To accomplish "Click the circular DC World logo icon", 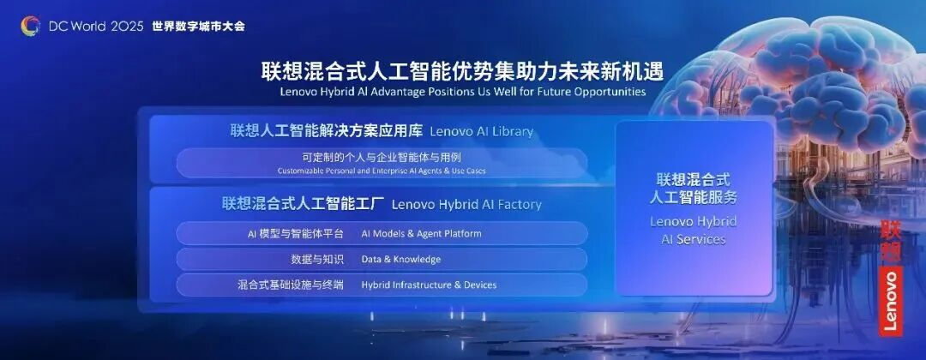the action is tap(31, 26).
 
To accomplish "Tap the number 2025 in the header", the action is tap(127, 27).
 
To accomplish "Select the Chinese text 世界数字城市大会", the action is tap(198, 27).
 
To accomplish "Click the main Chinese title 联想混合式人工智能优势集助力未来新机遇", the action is tap(462, 71).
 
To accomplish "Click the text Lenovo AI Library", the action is tap(481, 132).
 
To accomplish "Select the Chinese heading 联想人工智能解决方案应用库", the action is tap(327, 131).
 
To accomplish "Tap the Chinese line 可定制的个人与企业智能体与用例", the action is tap(382, 158).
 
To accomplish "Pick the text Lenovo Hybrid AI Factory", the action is tap(466, 205).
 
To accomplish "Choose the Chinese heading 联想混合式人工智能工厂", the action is tap(304, 204).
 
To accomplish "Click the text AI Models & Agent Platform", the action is tap(421, 234).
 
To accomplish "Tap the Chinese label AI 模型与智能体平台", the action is tap(295, 234).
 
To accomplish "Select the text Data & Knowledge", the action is tap(401, 259).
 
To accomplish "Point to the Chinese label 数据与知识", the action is tap(317, 259).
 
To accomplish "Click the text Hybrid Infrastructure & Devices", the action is tap(429, 285).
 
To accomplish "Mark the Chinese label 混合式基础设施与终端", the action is tap(291, 285).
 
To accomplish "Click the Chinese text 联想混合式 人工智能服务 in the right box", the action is tap(694, 189).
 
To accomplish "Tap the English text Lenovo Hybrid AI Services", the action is tap(694, 231).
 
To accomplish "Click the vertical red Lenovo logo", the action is tap(891, 278).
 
